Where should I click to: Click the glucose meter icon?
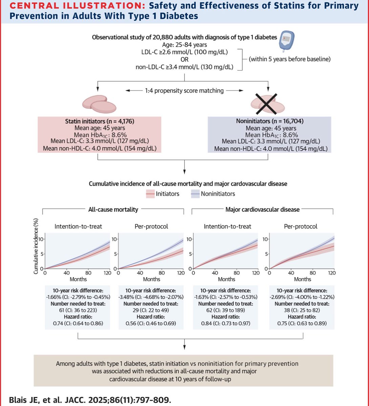pyautogui.click(x=287, y=41)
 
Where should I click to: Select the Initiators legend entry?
pyautogui.click(x=164, y=194)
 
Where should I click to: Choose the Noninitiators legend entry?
pyautogui.click(x=213, y=194)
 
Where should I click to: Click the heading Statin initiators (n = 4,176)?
pyautogui.click(x=97, y=121)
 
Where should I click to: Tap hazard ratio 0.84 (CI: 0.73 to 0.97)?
pyautogui.click(x=226, y=323)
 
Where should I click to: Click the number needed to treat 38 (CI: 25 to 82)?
pyautogui.click(x=302, y=310)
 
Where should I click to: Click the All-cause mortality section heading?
pyautogui.click(x=113, y=209)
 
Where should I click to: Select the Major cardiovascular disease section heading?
pyautogui.click(x=262, y=209)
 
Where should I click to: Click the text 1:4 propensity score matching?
pyautogui.click(x=184, y=90)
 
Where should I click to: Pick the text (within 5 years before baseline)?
pyautogui.click(x=290, y=59)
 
